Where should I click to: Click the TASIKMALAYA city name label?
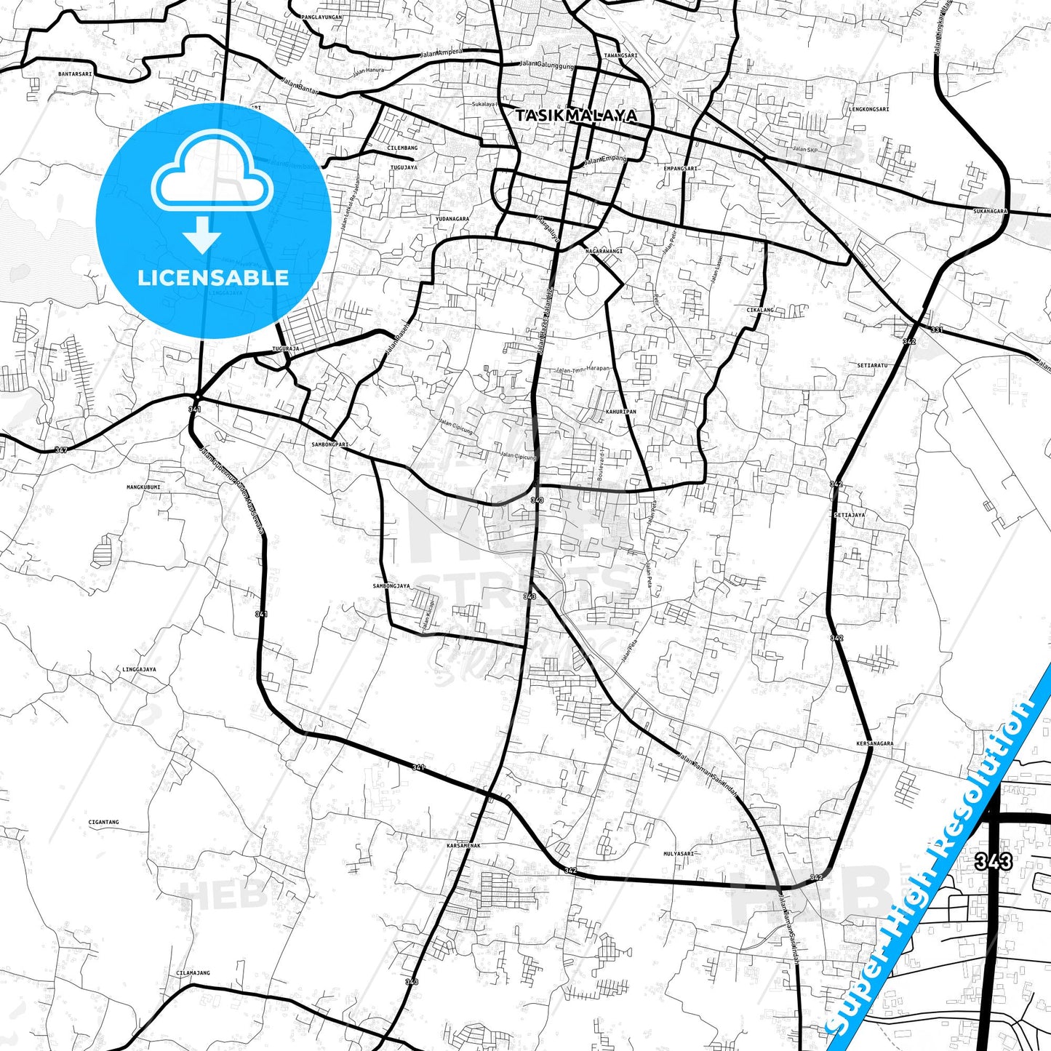[576, 116]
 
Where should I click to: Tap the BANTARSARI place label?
[76, 73]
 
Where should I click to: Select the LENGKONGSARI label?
[868, 109]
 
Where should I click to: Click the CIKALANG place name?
[760, 310]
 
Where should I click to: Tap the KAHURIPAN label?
[620, 412]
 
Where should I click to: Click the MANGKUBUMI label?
[143, 487]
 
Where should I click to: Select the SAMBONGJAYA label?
[391, 586]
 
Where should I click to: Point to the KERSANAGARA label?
[875, 743]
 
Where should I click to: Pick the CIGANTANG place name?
[103, 822]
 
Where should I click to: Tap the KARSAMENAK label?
[463, 845]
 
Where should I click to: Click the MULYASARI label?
[679, 854]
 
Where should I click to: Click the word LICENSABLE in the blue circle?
[213, 278]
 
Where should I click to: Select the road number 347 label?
[61, 451]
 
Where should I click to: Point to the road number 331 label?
[937, 330]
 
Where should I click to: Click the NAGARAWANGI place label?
[604, 251]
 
